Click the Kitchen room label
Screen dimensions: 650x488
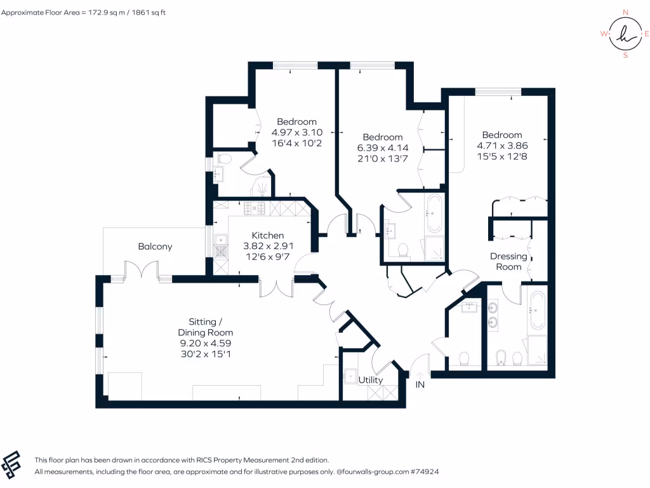click(x=268, y=235)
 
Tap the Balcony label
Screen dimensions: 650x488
click(x=155, y=247)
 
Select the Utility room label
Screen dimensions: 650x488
click(x=371, y=380)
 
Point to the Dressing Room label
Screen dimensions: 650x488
click(x=508, y=261)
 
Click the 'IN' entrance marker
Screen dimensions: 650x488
click(x=420, y=384)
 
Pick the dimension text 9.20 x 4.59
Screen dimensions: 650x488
click(x=206, y=343)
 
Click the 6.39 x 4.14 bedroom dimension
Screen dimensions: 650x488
click(x=383, y=147)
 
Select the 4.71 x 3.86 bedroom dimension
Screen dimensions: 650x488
click(x=502, y=146)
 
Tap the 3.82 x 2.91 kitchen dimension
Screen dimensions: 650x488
click(x=268, y=246)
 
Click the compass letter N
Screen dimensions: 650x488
click(x=625, y=13)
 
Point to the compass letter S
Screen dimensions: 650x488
click(x=625, y=55)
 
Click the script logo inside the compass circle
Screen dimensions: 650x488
click(x=626, y=34)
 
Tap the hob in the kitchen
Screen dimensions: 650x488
click(x=254, y=208)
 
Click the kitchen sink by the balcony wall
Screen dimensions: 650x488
click(x=221, y=240)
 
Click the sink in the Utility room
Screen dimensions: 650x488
click(x=350, y=376)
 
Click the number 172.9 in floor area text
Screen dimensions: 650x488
click(x=98, y=13)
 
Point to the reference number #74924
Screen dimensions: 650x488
click(x=425, y=471)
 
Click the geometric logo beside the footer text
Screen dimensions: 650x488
click(x=11, y=464)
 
